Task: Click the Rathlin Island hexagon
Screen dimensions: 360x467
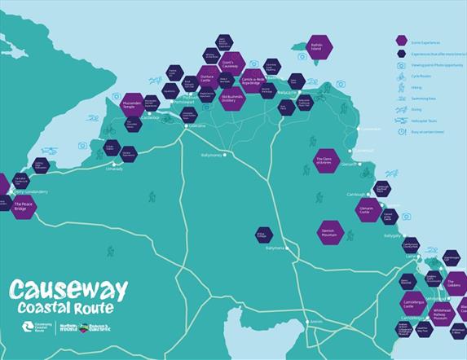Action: [318, 47]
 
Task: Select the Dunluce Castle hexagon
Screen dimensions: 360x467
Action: [205, 80]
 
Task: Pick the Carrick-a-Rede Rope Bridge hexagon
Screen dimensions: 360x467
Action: [253, 80]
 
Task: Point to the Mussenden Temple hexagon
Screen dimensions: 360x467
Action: [133, 104]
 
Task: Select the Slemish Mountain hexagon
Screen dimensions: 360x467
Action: [330, 232]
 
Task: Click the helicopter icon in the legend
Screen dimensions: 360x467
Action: [400, 120]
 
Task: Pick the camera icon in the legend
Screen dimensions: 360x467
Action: [400, 65]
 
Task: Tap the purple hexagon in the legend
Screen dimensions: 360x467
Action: [401, 40]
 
